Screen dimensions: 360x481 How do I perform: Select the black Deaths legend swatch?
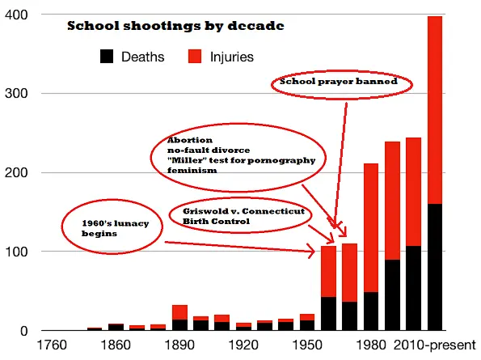click(107, 57)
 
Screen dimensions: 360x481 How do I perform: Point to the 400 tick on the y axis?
click(17, 15)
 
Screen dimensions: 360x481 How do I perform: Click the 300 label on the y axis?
click(17, 94)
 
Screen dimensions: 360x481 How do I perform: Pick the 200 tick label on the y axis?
click(17, 172)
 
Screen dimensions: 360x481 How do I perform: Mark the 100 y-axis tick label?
click(17, 252)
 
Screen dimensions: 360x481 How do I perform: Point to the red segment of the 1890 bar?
click(179, 312)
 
